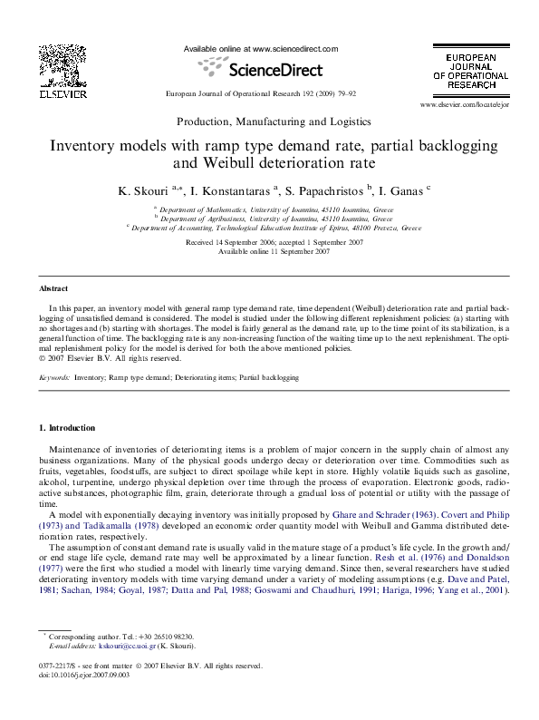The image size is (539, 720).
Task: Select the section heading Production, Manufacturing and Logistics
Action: tap(273, 122)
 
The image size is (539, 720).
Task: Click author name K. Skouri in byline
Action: tap(142, 191)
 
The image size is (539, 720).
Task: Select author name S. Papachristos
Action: tap(322, 191)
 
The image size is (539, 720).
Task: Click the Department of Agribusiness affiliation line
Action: tap(273, 219)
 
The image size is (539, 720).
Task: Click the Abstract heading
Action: tap(53, 288)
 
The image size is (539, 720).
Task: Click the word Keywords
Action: tap(54, 377)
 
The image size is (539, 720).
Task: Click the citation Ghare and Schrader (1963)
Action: tap(383, 513)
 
